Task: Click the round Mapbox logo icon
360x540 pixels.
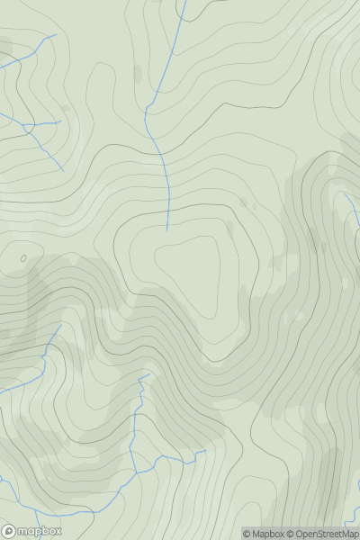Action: pos(10,531)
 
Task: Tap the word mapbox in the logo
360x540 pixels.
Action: pos(40,531)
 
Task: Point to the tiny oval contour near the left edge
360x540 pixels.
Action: pos(23,258)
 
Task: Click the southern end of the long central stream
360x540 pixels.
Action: pos(167,229)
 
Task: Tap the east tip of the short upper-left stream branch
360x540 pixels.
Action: pos(61,121)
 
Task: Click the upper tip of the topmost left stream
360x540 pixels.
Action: pos(56,36)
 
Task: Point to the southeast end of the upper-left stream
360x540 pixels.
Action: pos(64,170)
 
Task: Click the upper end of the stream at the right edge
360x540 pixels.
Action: pos(346,193)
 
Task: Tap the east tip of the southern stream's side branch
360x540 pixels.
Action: pos(206,451)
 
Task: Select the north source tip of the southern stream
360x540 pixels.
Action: pos(148,374)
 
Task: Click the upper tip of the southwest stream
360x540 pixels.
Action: pos(60,326)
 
